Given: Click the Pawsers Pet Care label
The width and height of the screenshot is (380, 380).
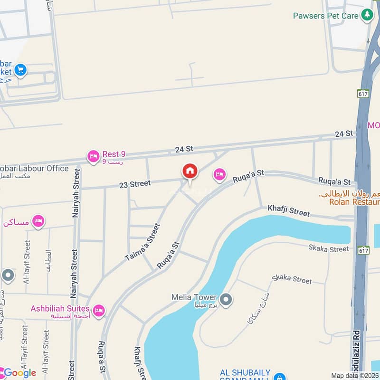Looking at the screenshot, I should click(x=326, y=16).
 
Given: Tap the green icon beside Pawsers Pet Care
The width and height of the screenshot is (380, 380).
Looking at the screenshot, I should click(x=367, y=15).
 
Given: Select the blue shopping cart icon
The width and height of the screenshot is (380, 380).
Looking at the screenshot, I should click(x=20, y=70).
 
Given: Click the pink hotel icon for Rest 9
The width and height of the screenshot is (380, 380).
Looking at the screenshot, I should click(x=93, y=155).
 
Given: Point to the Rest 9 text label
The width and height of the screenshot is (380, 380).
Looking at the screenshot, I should click(x=114, y=154).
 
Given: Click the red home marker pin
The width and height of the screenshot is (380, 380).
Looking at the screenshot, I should click(x=190, y=172).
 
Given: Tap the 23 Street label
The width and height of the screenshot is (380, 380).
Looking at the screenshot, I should click(x=134, y=184).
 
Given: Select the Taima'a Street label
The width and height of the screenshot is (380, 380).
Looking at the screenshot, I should click(x=143, y=242).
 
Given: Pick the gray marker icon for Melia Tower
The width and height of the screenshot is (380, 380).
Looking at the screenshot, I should click(x=227, y=300).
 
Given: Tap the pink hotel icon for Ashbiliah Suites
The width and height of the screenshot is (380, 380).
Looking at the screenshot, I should click(x=99, y=311).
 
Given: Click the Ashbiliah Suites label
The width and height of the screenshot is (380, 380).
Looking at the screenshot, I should click(x=60, y=309).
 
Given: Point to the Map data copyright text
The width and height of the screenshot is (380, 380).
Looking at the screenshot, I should click(x=355, y=376).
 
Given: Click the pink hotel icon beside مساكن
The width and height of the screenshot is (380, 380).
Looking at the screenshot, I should click(x=38, y=221).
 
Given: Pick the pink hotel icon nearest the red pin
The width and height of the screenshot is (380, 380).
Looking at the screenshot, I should click(x=219, y=175).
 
